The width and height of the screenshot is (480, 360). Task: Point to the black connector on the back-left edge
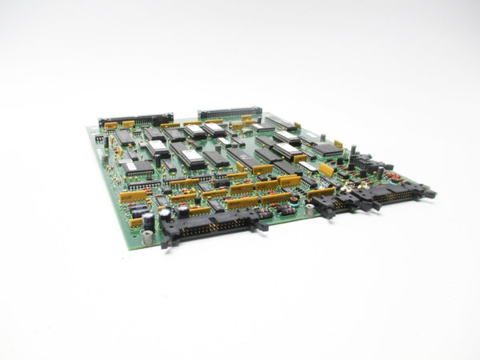135,119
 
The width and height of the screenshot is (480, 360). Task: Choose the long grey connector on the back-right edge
230,112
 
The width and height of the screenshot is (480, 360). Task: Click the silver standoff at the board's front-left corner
147,237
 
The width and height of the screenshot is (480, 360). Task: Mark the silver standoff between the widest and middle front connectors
309,210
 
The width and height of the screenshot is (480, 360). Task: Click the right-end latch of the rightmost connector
429,193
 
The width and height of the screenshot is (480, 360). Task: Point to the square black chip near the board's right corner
326,149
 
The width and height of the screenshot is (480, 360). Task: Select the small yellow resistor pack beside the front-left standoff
136,222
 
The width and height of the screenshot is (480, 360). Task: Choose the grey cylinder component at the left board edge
105,158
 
